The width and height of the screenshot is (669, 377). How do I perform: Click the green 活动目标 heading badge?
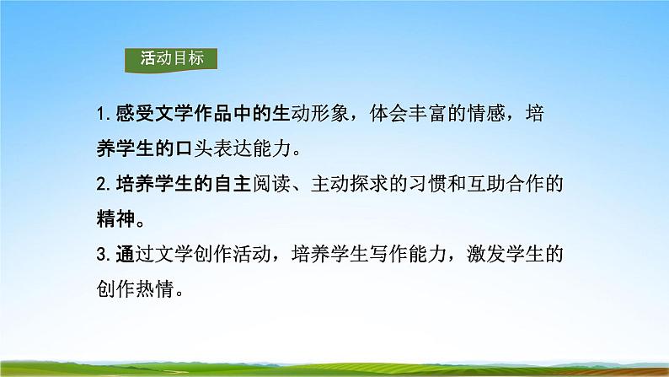pyautogui.click(x=170, y=60)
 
